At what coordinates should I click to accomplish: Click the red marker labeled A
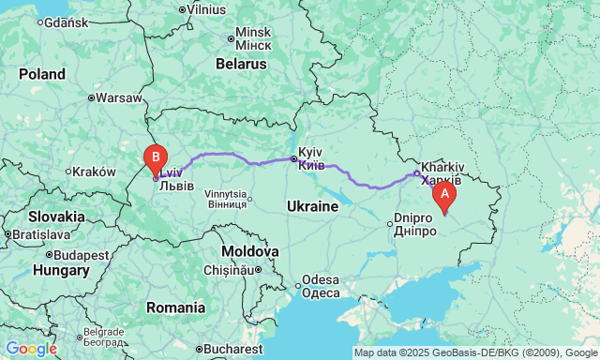[x=443, y=193]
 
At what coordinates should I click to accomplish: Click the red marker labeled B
[x=155, y=157]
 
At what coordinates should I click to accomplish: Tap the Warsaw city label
[x=119, y=97]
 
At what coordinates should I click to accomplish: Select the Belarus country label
[x=241, y=64]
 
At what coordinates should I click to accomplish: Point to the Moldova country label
[x=249, y=251]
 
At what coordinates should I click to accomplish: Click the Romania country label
[x=175, y=307]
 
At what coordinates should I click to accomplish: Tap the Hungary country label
[x=61, y=270]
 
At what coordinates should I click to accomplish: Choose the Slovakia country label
[x=55, y=217]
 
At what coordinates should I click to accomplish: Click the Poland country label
[x=42, y=73]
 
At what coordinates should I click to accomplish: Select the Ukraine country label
[x=311, y=205]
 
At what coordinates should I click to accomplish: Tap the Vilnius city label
[x=206, y=8]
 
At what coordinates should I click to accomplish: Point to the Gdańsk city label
[x=66, y=22]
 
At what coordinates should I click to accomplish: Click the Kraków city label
[x=93, y=172]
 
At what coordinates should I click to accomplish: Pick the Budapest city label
[x=82, y=254]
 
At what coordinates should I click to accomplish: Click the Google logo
[x=30, y=349]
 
